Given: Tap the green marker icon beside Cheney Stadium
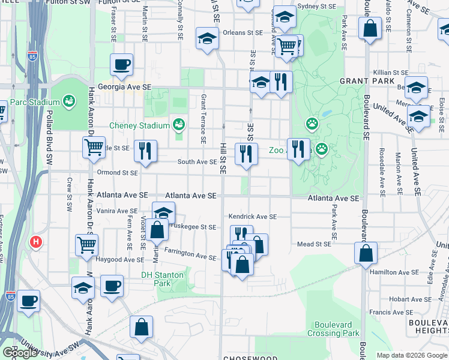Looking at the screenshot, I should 178,125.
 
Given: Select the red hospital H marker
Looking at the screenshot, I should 36,242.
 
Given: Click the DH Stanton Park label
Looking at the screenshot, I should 158,279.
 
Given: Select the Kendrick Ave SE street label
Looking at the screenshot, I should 252,217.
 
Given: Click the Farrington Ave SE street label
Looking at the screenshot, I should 190,256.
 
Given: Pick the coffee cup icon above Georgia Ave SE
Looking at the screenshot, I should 121,64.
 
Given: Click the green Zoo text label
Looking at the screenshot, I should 276,151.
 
